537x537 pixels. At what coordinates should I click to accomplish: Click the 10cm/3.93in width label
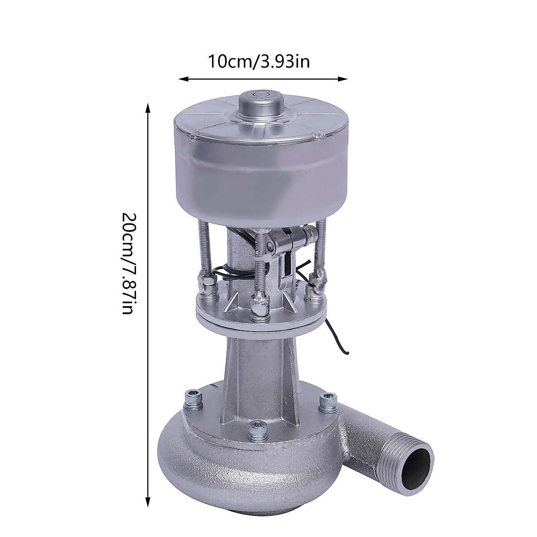[258, 61]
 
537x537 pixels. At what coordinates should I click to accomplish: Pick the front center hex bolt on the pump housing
[255, 430]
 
